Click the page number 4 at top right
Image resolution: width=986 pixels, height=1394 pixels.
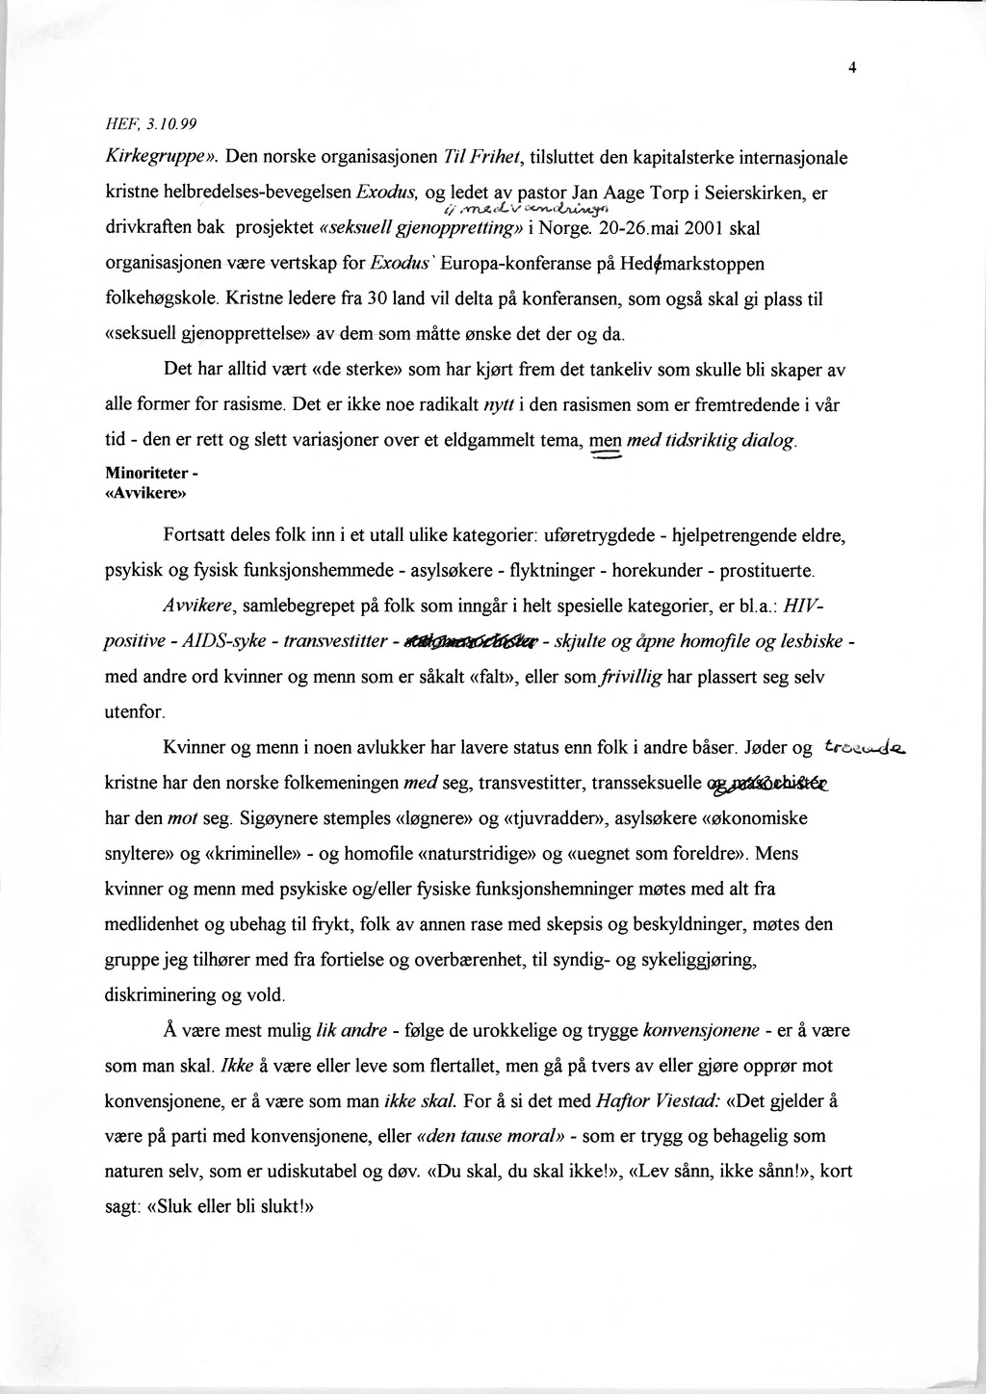coord(852,67)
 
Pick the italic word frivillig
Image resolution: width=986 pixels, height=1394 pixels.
coord(631,678)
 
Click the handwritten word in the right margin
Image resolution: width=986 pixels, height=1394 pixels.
coord(866,747)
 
